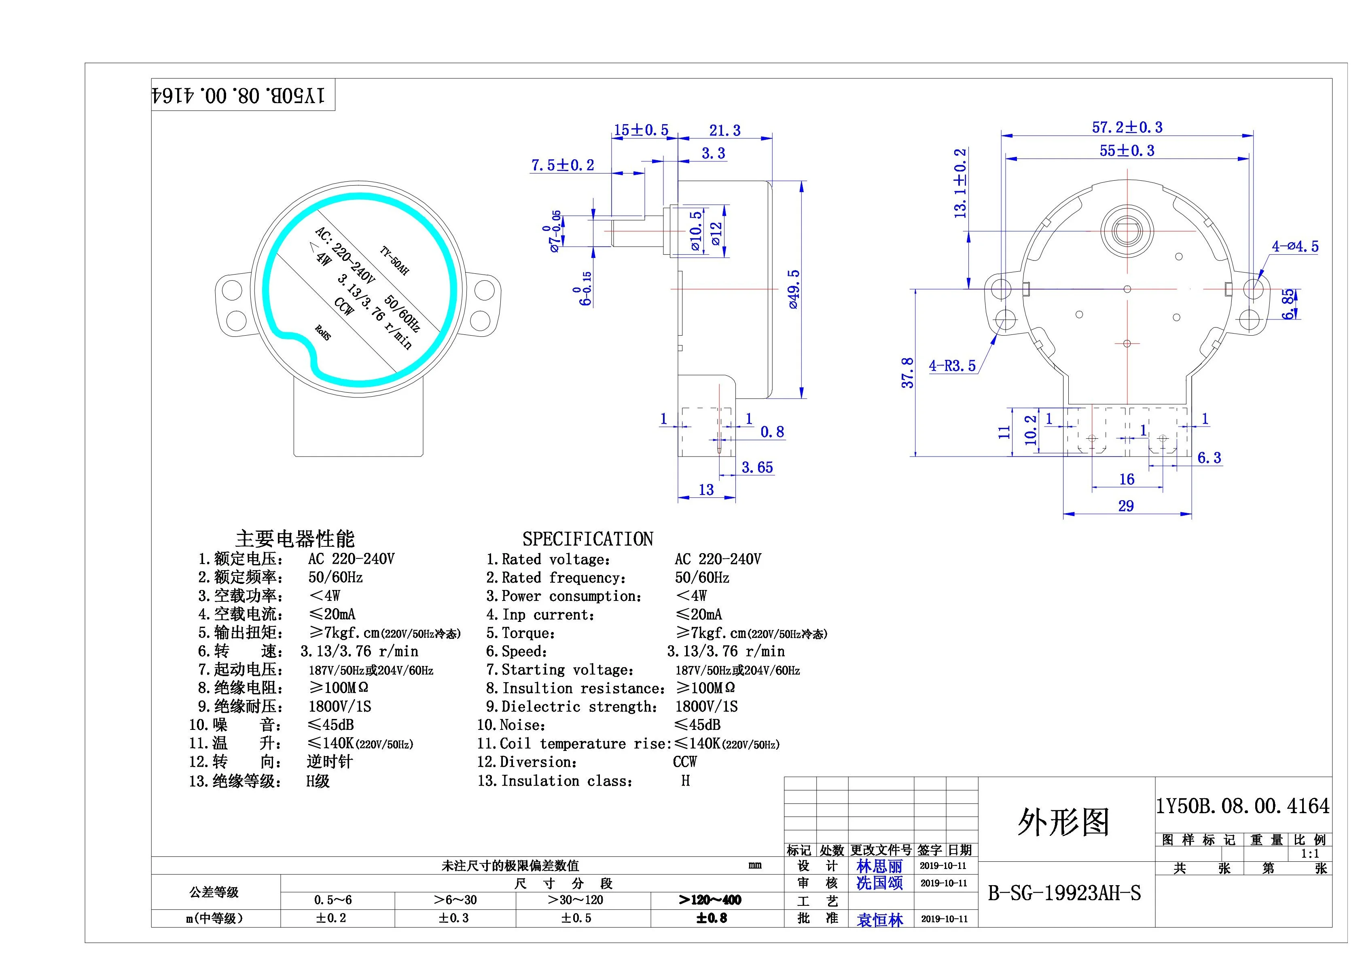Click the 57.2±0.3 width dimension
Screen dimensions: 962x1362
click(1127, 127)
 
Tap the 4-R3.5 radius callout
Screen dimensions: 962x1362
click(952, 366)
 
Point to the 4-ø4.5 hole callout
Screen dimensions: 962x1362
click(1295, 247)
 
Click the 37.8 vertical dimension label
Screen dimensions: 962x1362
click(908, 372)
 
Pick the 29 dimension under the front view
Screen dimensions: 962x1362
click(1126, 506)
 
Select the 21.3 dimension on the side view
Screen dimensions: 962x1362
click(724, 131)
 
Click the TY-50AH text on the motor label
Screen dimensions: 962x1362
click(394, 261)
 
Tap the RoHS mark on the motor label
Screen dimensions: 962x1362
click(323, 333)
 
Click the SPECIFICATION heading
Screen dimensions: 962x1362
click(587, 539)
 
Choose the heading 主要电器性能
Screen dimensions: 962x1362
click(295, 539)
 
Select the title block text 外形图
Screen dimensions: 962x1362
click(1063, 822)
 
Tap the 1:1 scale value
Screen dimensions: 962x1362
click(1310, 854)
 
